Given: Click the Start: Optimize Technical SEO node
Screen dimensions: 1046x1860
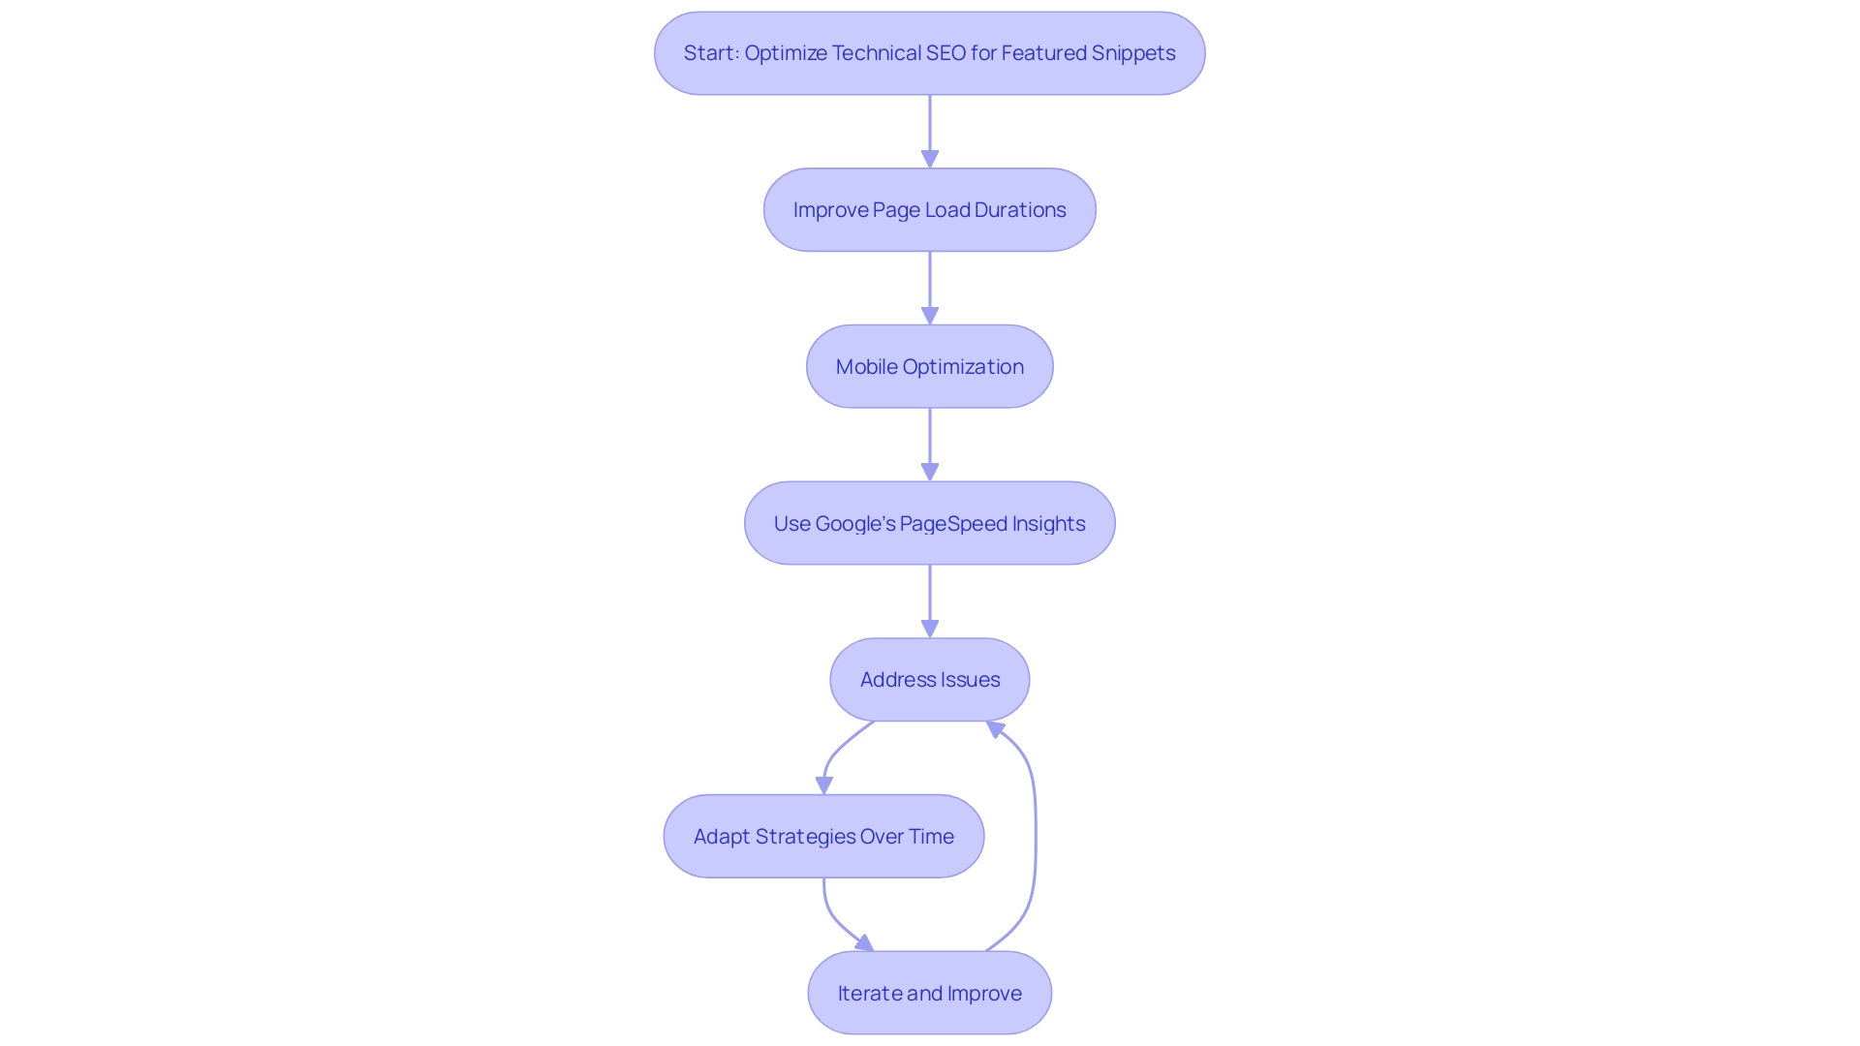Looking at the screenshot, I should (x=929, y=53).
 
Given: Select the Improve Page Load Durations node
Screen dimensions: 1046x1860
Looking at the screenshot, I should (x=929, y=210).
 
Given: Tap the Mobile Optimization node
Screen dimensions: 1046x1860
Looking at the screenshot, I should (x=929, y=367).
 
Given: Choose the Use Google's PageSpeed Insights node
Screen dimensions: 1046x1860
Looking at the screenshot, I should (x=929, y=524).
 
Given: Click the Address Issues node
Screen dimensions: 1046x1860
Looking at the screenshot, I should (x=929, y=680).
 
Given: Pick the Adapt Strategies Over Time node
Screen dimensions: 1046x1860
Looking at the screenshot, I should (x=823, y=837).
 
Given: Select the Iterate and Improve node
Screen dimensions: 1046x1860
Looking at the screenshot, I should (x=929, y=994).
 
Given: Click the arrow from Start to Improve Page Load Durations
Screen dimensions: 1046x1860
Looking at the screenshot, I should (x=930, y=131).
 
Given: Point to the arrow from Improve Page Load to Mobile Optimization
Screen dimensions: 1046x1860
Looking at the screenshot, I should (x=930, y=288).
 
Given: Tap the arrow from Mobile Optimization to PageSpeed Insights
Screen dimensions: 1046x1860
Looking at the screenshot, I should (x=930, y=445).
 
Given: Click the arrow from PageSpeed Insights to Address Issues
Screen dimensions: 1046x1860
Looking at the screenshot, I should (x=930, y=600).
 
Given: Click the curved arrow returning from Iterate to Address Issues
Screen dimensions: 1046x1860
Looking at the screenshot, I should (x=1035, y=833).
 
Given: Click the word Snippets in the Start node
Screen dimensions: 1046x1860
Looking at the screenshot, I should (x=1133, y=53).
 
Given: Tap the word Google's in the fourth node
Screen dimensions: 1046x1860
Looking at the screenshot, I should (x=855, y=524).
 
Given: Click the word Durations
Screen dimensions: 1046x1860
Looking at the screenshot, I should (x=1020, y=210).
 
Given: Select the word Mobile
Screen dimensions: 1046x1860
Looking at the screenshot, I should (x=866, y=367).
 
